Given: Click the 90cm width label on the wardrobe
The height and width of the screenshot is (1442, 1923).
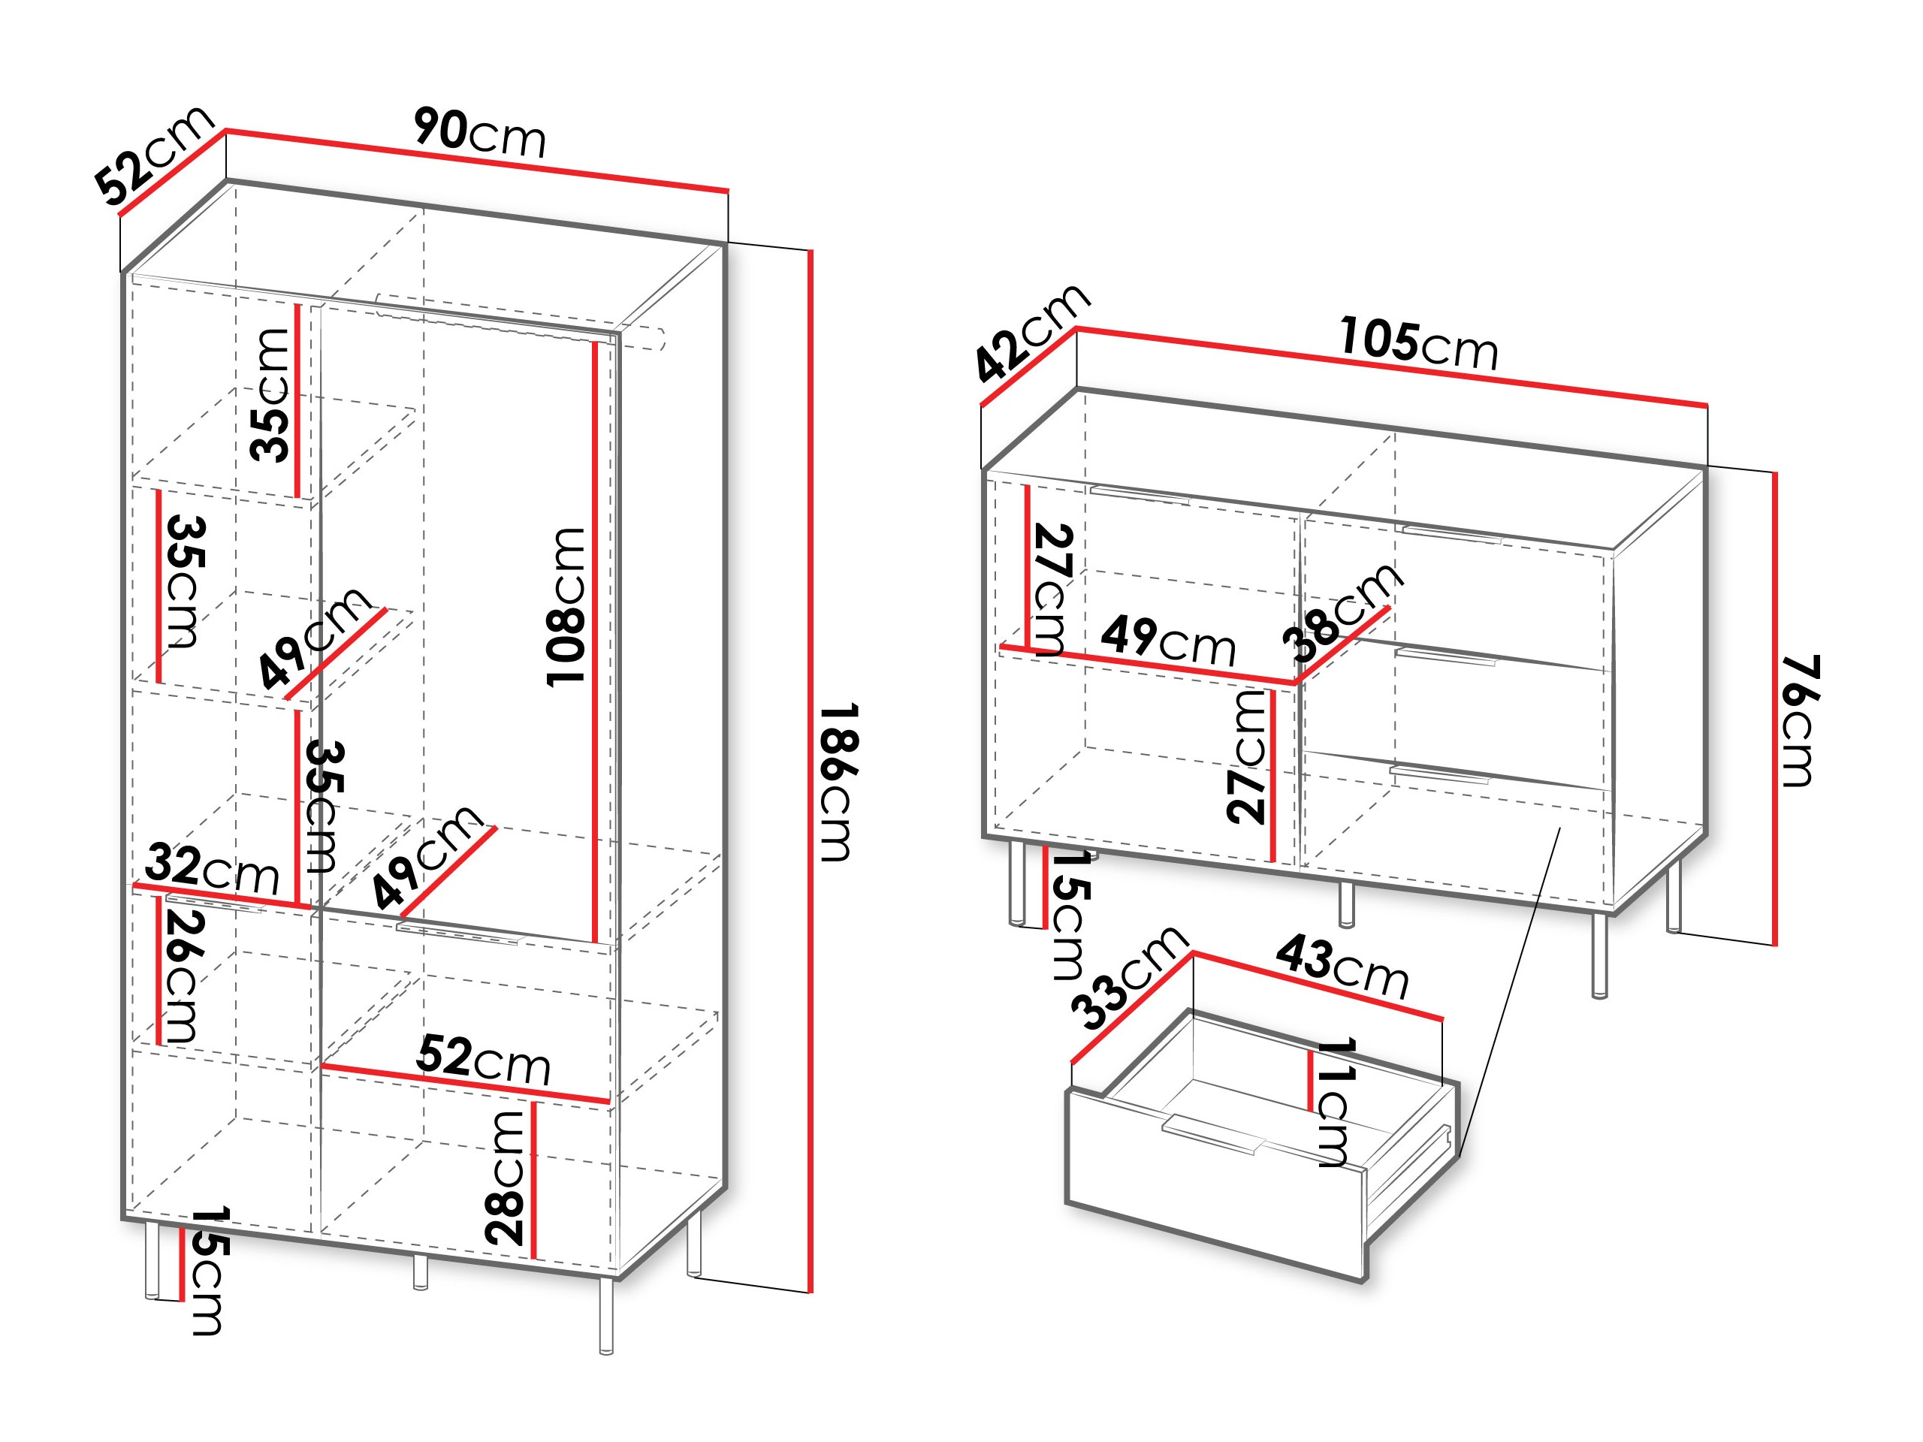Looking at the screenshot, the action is click(480, 133).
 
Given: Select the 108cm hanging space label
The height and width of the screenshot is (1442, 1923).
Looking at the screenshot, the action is click(566, 606).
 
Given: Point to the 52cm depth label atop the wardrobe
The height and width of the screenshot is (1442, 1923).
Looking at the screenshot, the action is click(155, 155).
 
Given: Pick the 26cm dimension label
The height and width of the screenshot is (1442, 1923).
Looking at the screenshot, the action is click(183, 976).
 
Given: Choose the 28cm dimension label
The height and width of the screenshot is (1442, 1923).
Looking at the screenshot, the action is click(505, 1177).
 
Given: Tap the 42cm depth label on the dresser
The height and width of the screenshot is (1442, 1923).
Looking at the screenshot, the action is click(1032, 332).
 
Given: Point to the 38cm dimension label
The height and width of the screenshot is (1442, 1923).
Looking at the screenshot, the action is click(1343, 613).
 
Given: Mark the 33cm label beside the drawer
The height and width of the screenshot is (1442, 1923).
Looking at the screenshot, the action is click(1128, 977).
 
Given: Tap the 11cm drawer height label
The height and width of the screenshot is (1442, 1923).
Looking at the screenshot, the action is click(1333, 1101).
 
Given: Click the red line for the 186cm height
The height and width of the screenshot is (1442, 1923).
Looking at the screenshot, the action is click(811, 771).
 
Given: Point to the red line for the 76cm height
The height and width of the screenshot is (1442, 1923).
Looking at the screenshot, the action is click(1774, 708).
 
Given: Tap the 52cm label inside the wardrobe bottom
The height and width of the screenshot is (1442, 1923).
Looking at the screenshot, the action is click(483, 1060).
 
